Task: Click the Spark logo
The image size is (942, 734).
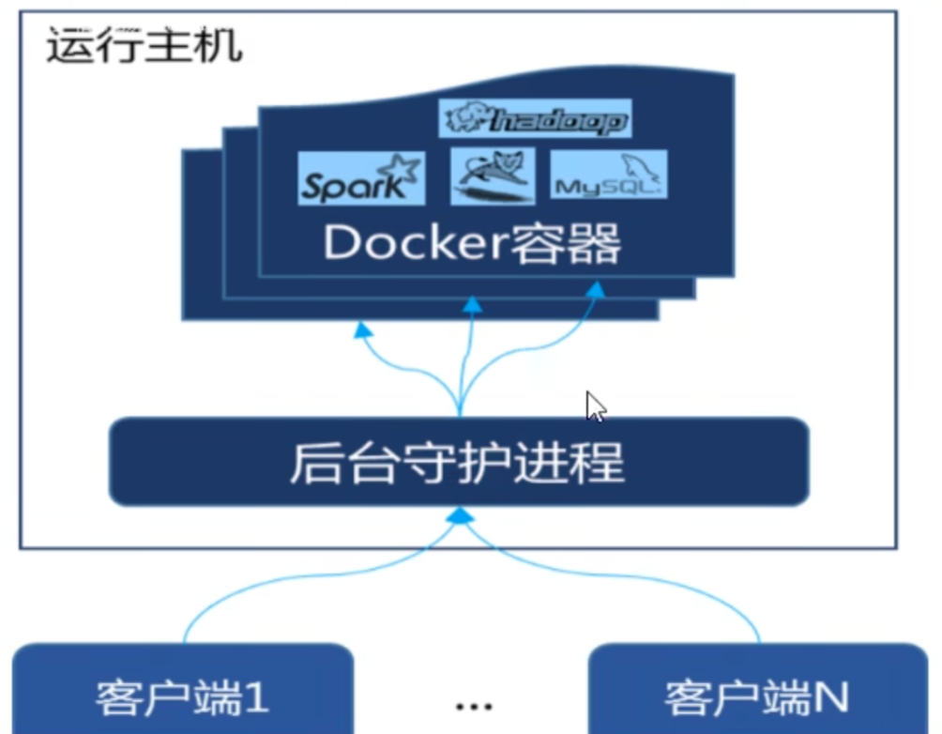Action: pos(361,178)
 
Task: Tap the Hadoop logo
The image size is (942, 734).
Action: pos(535,119)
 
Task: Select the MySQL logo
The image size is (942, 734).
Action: pos(608,176)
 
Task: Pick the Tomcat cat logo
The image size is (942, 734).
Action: pos(493,176)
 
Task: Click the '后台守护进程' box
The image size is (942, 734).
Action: pos(459,463)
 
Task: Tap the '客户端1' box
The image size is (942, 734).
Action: pos(183,696)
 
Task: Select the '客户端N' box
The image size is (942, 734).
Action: pos(756,696)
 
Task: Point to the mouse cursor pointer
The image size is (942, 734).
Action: pos(595,406)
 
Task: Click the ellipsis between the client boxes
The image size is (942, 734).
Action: pos(473,705)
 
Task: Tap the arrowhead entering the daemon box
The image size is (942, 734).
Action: pos(459,514)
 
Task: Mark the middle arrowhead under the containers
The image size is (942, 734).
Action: pos(473,304)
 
